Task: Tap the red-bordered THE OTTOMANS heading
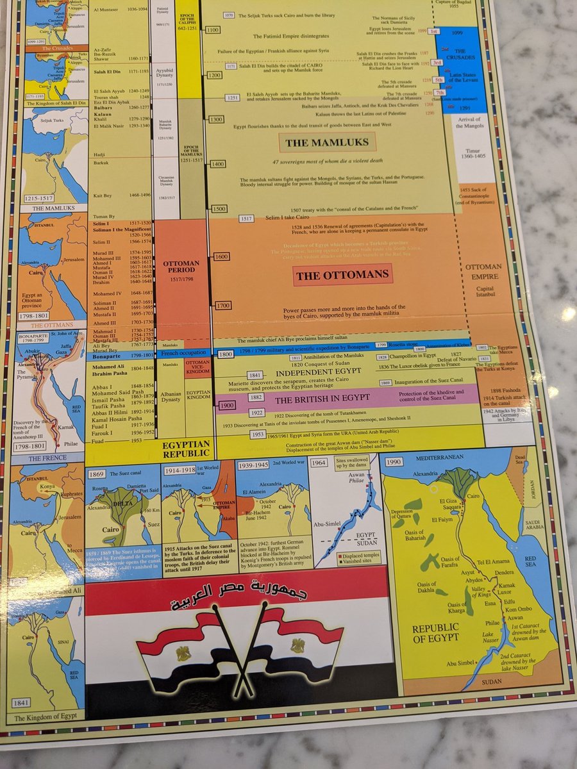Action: click(342, 276)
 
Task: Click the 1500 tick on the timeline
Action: click(220, 209)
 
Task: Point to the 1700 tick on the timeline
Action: click(223, 306)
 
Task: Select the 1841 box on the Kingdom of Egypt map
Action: click(23, 705)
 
